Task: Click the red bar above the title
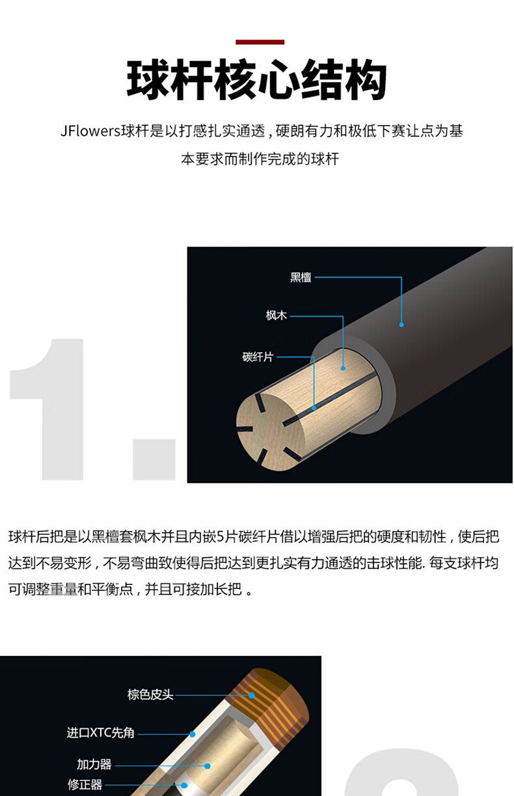click(260, 42)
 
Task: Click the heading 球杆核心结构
click(257, 80)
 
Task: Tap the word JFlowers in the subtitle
click(90, 131)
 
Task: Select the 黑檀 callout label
click(301, 277)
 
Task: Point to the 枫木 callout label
click(276, 315)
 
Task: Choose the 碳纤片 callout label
click(258, 357)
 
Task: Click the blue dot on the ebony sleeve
click(401, 324)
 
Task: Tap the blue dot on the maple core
click(343, 368)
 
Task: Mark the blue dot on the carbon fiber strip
click(314, 408)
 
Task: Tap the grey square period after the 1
click(154, 460)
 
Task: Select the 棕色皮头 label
click(150, 694)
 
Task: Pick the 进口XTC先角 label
click(101, 732)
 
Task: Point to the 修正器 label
click(85, 784)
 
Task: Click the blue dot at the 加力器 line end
click(208, 766)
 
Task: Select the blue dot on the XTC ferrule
click(192, 734)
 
